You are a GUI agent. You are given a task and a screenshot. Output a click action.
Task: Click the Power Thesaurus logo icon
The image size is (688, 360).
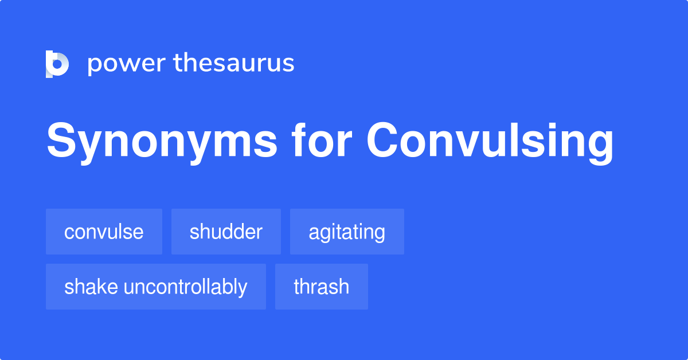pyautogui.click(x=57, y=64)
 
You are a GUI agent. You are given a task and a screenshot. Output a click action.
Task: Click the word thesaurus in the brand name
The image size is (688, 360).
pyautogui.click(x=234, y=63)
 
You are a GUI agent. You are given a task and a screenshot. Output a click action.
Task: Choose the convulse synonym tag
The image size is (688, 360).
pyautogui.click(x=104, y=232)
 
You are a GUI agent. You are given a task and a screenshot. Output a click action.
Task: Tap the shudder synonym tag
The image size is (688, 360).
pyautogui.click(x=226, y=232)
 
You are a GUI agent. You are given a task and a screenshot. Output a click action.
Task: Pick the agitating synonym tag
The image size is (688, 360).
pyautogui.click(x=347, y=232)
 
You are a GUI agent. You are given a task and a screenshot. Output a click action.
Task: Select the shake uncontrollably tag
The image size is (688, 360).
pyautogui.click(x=156, y=287)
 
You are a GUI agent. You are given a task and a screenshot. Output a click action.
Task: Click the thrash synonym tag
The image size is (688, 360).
pyautogui.click(x=321, y=287)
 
